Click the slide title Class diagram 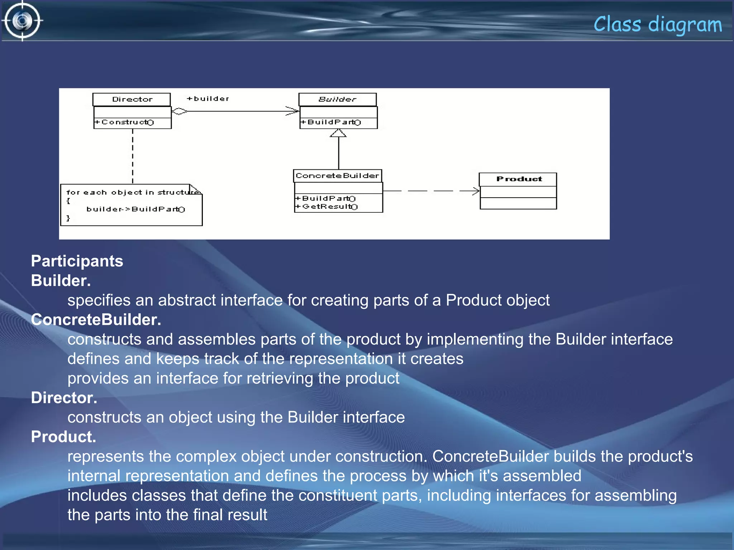coord(657,24)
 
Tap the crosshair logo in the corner coord(22,21)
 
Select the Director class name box coord(132,99)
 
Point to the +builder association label coord(208,98)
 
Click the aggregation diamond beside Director coord(179,111)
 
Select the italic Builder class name coord(337,99)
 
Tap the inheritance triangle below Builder coord(338,133)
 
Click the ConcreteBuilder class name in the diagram coord(337,176)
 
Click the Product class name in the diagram coord(519,179)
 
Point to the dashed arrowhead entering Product coord(476,191)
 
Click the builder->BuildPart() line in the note coord(135,209)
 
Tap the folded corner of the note coord(195,189)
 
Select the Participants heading coord(77,261)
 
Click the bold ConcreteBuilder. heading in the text coord(96,320)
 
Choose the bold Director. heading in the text coord(64,398)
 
